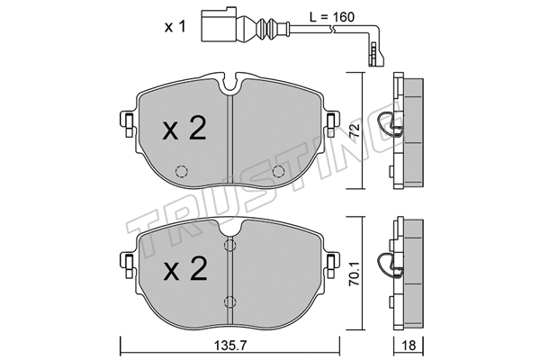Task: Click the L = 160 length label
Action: point(331,17)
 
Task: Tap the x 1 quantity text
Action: point(175,26)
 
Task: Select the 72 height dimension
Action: point(355,130)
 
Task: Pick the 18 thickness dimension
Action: point(409,346)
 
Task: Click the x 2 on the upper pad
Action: point(184,128)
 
